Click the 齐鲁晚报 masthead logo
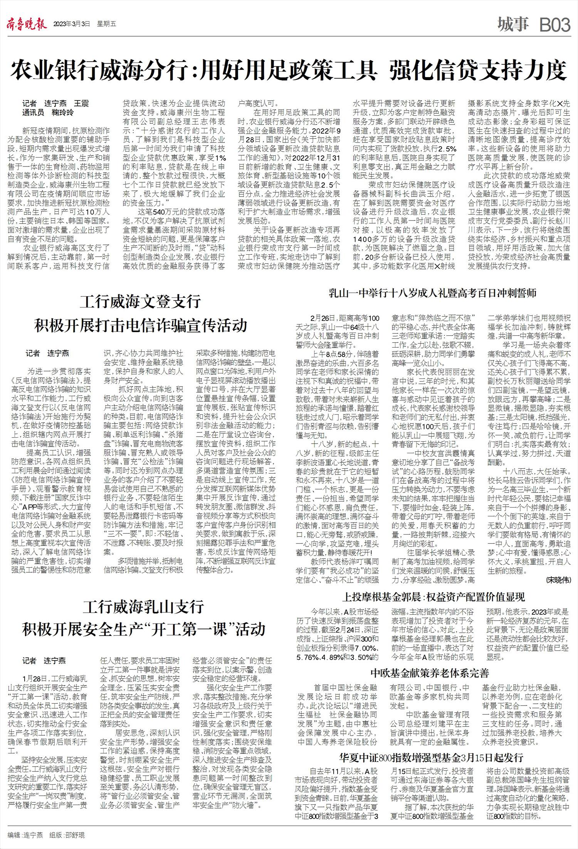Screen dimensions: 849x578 coord(27,25)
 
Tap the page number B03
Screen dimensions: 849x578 coord(554,25)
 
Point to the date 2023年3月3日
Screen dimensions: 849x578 coord(72,24)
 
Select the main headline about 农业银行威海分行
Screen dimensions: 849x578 coord(289,71)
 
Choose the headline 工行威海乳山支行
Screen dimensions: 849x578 coord(143,606)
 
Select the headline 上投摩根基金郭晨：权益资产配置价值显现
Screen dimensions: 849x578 coord(434,597)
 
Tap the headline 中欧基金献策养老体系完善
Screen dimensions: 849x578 coord(430,673)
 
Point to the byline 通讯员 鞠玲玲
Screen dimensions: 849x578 coord(48,113)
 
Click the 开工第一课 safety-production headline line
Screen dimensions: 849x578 coord(143,629)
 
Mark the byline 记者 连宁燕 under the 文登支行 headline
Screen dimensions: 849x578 coord(47,353)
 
